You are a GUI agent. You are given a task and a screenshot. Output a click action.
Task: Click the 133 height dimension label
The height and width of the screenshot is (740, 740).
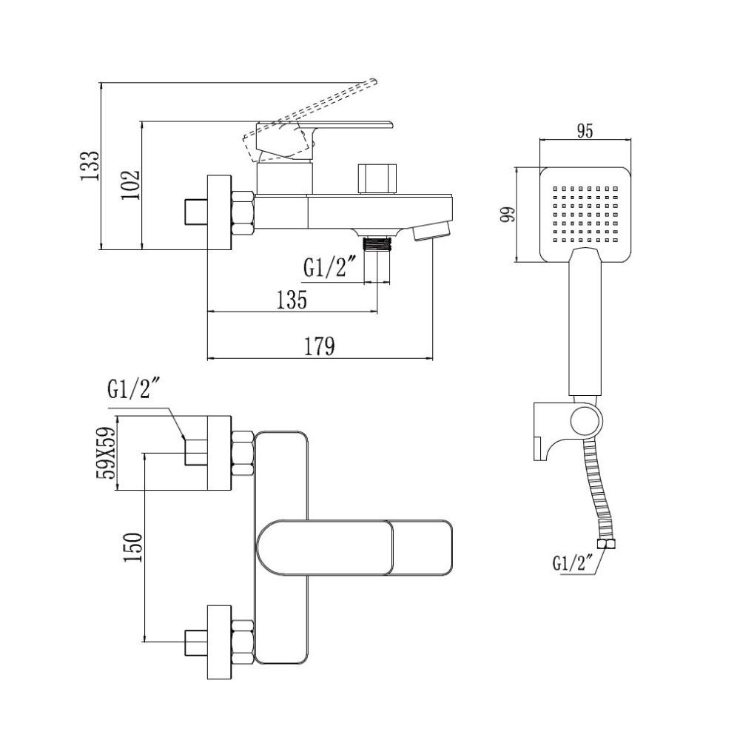90,166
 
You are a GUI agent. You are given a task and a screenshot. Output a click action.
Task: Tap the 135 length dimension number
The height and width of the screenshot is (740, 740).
292,300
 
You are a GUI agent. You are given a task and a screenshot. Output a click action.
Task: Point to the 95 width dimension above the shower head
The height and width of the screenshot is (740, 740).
585,131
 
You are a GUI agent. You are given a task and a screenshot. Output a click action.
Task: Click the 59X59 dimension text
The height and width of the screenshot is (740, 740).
107,454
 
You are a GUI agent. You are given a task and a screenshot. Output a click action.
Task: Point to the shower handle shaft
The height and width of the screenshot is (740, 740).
585,326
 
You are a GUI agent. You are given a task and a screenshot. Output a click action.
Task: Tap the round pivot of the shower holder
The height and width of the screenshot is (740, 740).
584,420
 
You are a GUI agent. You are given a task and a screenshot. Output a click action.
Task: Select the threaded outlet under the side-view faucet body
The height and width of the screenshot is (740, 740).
378,243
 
